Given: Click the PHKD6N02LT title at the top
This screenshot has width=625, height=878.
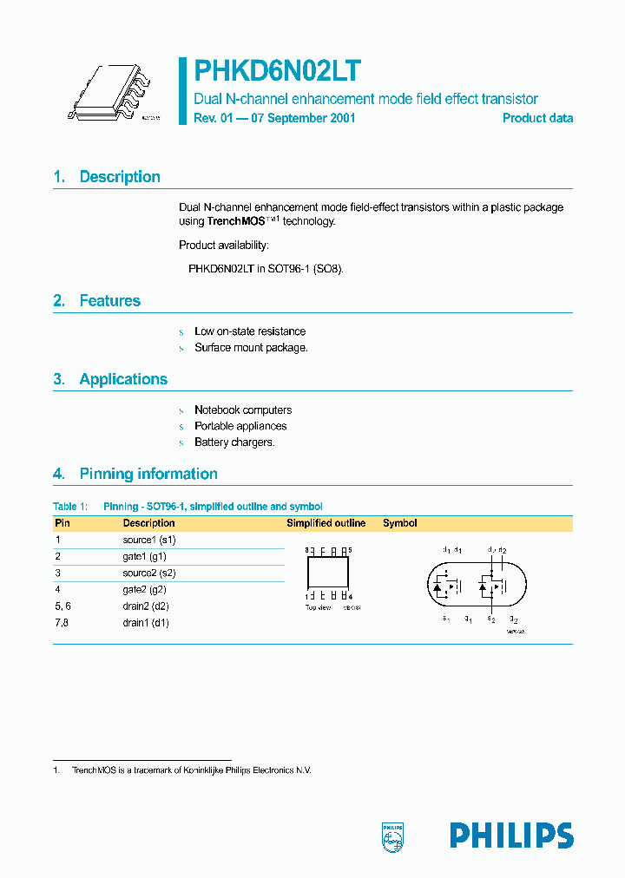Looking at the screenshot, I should pos(277,71).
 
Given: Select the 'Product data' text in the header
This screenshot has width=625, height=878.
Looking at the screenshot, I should pos(537,118).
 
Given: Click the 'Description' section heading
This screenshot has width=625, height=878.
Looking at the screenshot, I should pos(120,177).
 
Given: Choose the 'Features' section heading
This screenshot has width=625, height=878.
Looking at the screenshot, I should pos(109,301).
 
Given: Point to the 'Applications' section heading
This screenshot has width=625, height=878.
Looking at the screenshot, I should pos(123,379).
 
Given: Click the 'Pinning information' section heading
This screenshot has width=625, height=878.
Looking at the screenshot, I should pos(148,474).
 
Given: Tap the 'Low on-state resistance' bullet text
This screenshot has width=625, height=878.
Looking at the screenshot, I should pos(250,331).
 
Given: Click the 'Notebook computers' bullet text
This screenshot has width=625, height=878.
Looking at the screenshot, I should pos(243,410).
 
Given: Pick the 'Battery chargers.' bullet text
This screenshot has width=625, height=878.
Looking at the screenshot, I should pos(234,442).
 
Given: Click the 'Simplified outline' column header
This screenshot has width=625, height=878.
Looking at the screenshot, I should pos(326,523).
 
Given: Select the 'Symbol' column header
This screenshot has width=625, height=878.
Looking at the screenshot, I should pos(400,523).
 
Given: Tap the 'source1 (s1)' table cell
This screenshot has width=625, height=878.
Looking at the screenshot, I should pos(150,540).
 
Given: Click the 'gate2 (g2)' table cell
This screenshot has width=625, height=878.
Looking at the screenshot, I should pos(145,590).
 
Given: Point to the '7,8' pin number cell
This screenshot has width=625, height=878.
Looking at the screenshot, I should pos(62,623).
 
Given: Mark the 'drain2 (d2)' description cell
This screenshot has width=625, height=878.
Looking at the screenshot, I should pos(146,606).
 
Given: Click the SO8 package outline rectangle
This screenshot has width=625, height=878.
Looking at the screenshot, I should pos(327,573).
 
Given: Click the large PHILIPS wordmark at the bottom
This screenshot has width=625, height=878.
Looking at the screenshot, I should pos(511,835).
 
